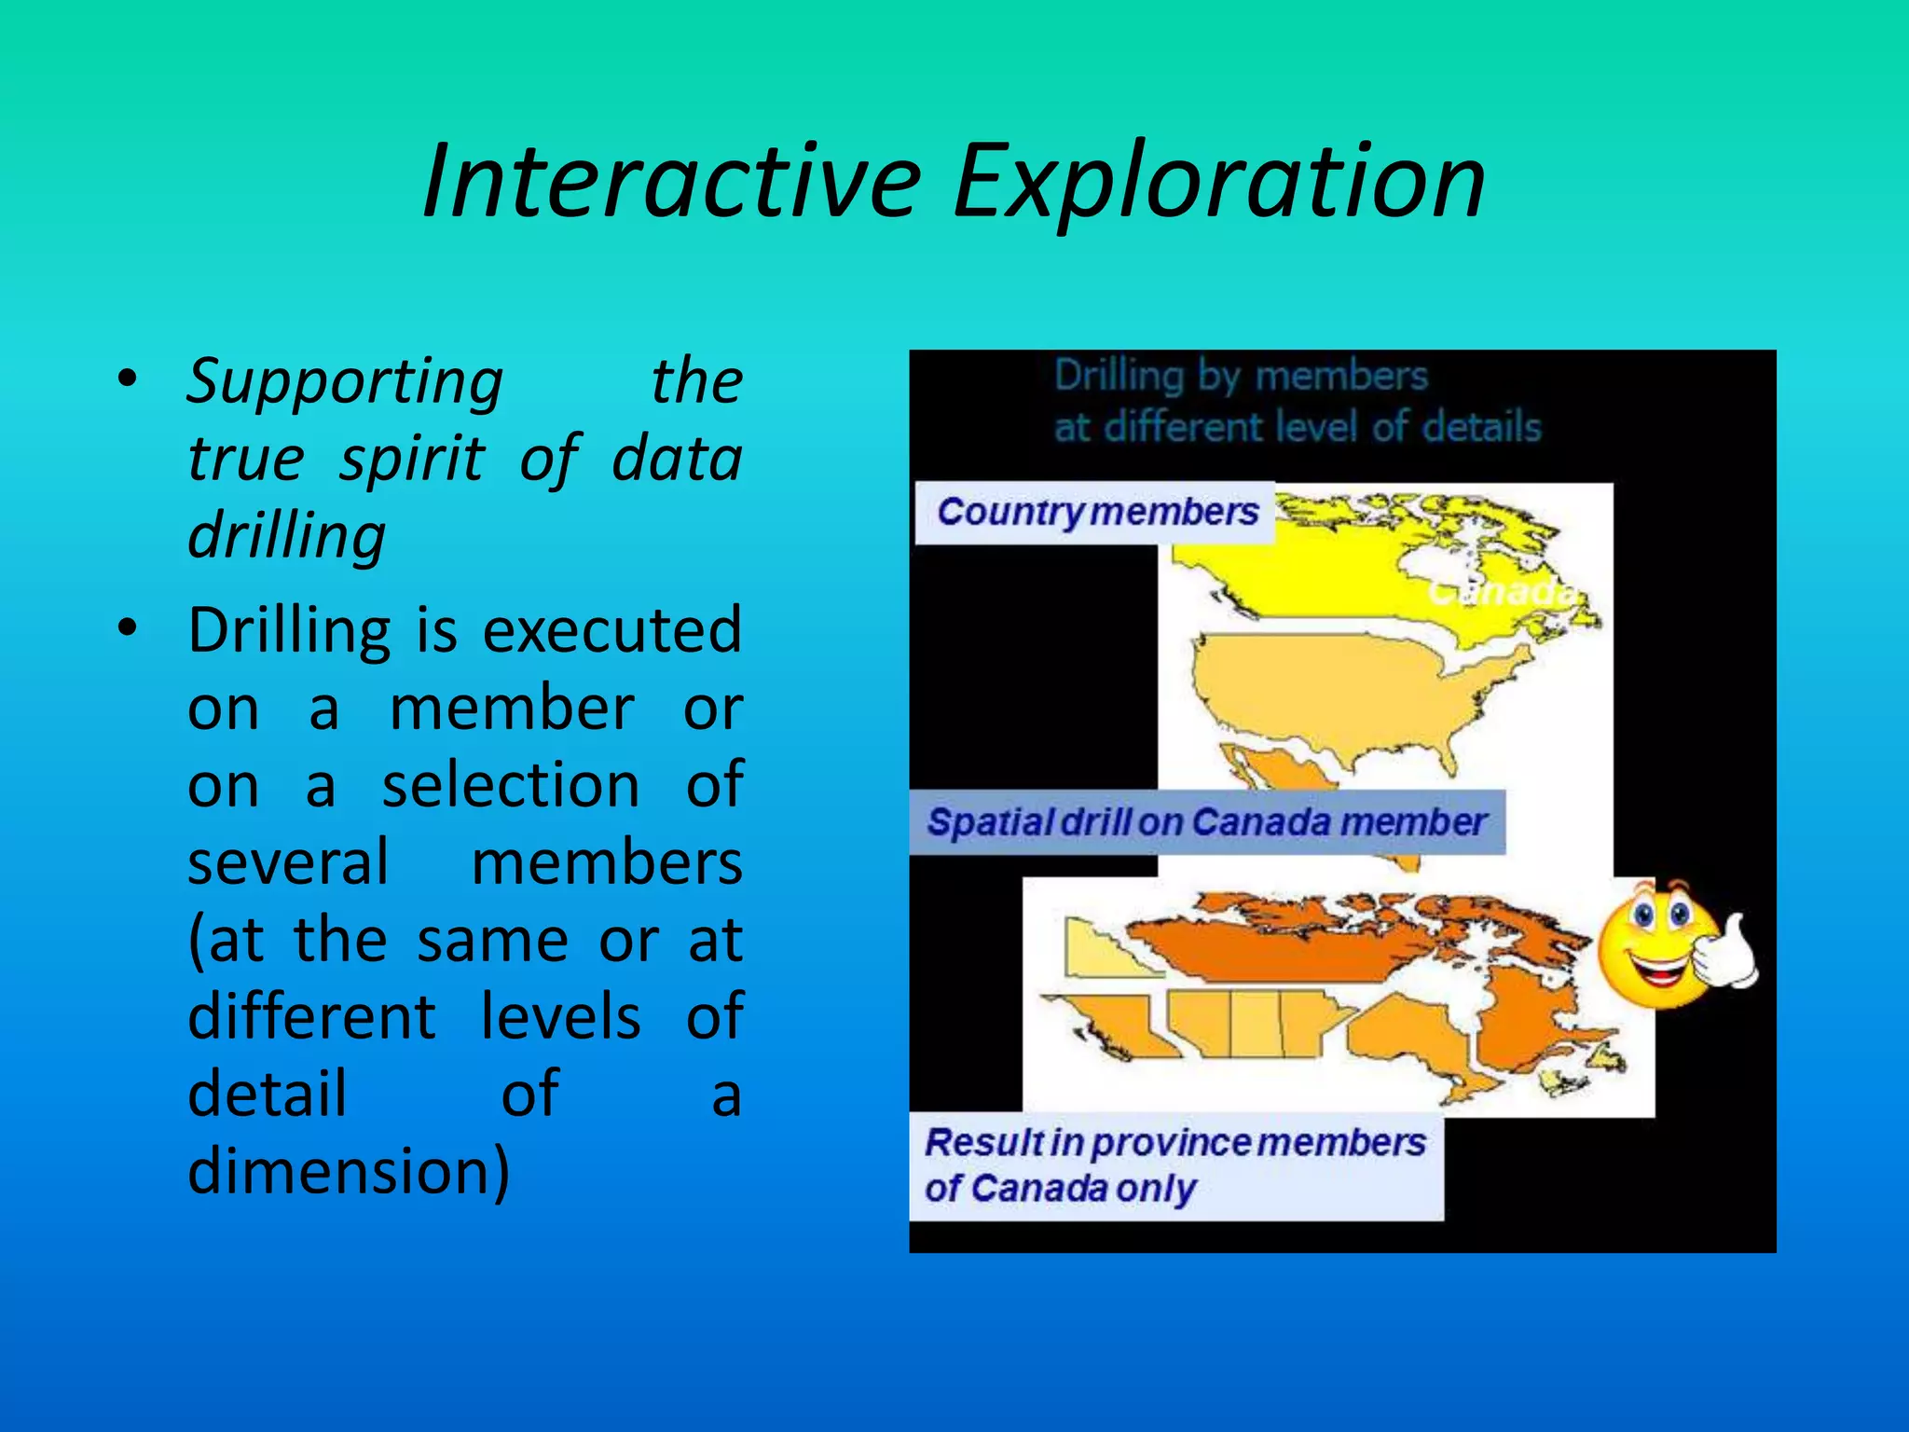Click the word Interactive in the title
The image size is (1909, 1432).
point(671,182)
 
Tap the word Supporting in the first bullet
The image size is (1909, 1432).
point(345,382)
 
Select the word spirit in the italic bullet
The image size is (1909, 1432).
point(411,460)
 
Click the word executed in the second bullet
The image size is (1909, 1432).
point(612,631)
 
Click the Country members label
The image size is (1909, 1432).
point(1096,512)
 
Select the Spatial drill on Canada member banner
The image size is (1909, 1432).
point(1206,822)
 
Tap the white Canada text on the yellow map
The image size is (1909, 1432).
point(1501,592)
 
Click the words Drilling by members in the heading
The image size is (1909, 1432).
point(1240,376)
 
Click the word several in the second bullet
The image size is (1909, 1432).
point(288,862)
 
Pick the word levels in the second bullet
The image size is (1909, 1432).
point(560,1016)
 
